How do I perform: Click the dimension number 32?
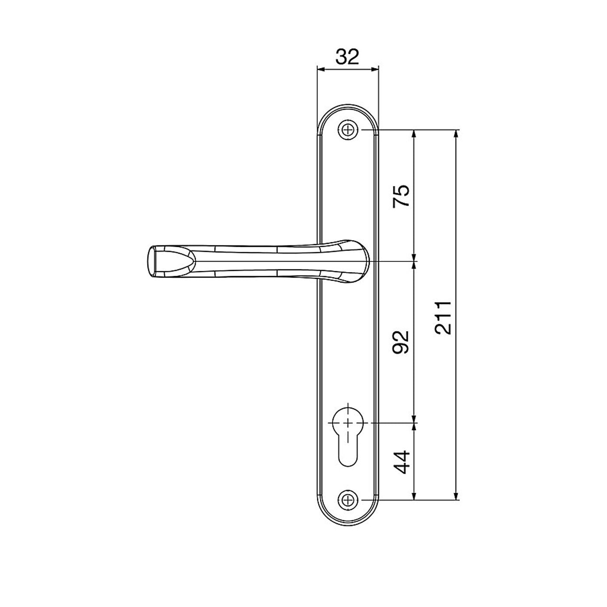[x=347, y=57]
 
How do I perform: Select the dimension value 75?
[x=401, y=196]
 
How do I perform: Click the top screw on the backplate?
[x=348, y=130]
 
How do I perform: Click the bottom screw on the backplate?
[x=348, y=500]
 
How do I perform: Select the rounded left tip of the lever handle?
[x=152, y=262]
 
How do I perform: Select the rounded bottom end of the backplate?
[x=348, y=522]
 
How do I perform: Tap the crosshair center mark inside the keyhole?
[x=348, y=423]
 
